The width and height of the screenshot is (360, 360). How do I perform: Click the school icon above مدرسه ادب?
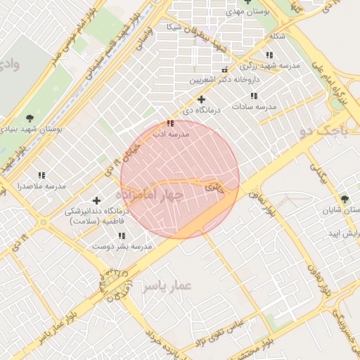point(170,124)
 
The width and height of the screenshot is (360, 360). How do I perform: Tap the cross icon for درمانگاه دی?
point(201,100)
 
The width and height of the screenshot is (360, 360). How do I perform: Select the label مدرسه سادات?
point(257,106)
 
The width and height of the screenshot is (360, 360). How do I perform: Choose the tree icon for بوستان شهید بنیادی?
point(30,118)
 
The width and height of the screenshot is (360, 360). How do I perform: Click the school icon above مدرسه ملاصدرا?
point(41,175)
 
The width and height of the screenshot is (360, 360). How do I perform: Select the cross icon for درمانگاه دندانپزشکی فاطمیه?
point(96,201)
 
